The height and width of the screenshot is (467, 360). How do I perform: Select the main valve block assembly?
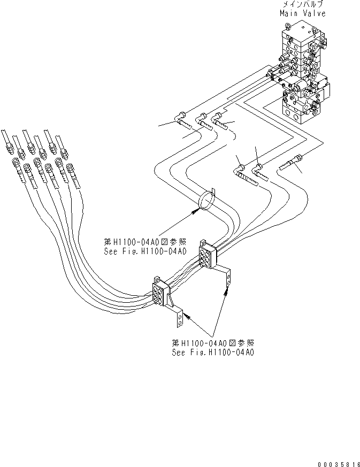303,75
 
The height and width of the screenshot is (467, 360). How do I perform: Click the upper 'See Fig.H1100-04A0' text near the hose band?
145,250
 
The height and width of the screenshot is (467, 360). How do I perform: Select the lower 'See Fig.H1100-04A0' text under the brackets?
212,353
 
